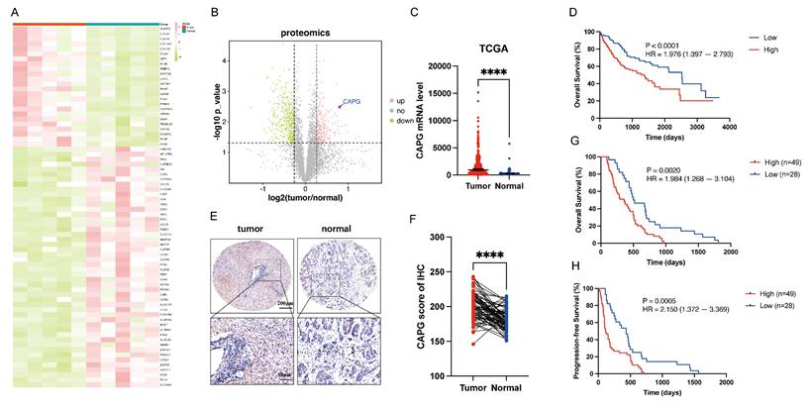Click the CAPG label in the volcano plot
coord(354,102)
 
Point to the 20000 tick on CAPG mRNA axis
coord(443,66)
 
